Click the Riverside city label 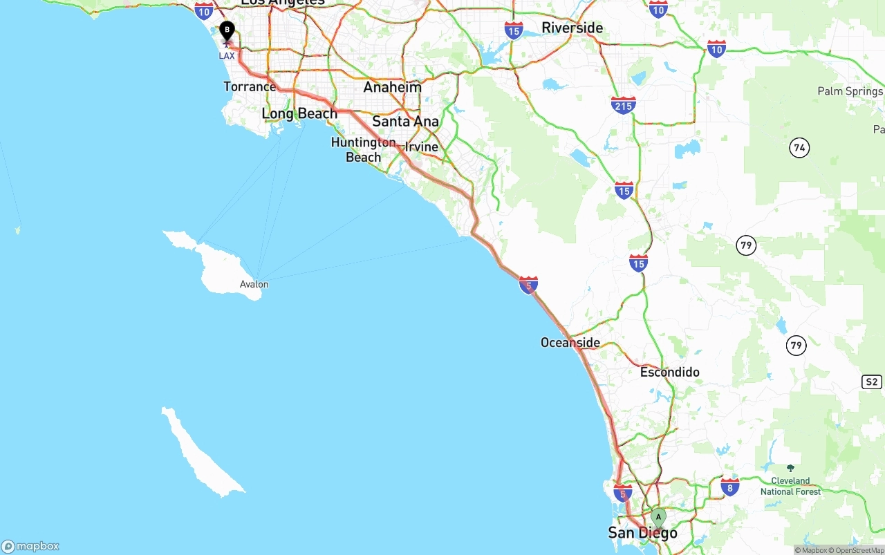pyautogui.click(x=572, y=28)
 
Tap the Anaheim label pyautogui.click(x=392, y=88)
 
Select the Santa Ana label pyautogui.click(x=405, y=122)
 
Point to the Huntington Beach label pyautogui.click(x=363, y=150)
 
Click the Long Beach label pyautogui.click(x=299, y=113)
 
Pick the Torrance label pyautogui.click(x=250, y=86)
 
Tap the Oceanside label pyautogui.click(x=570, y=343)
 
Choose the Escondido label pyautogui.click(x=669, y=372)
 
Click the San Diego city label pyautogui.click(x=642, y=533)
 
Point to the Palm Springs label pyautogui.click(x=850, y=91)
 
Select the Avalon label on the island pyautogui.click(x=254, y=284)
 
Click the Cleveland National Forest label pyautogui.click(x=790, y=486)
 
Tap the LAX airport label pyautogui.click(x=227, y=55)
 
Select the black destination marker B pyautogui.click(x=227, y=31)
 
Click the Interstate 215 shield pyautogui.click(x=623, y=105)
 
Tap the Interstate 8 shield pyautogui.click(x=729, y=487)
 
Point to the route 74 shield pyautogui.click(x=800, y=147)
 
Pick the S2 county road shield pyautogui.click(x=871, y=382)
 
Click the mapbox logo pyautogui.click(x=30, y=546)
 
